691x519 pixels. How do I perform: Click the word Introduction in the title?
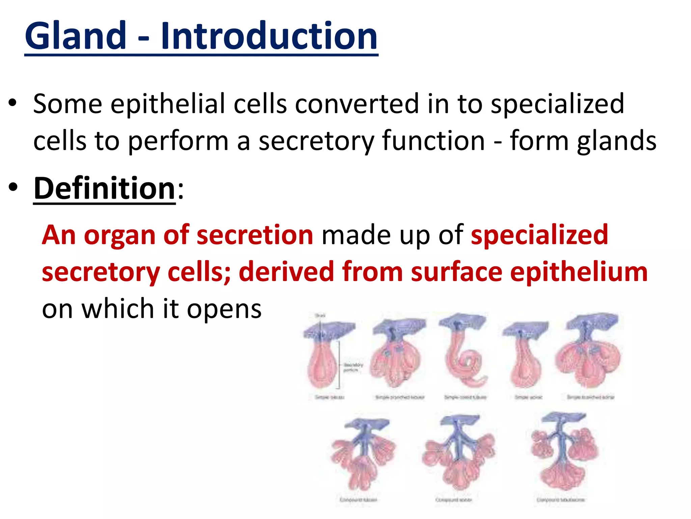click(269, 35)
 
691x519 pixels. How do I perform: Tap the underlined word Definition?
click(104, 188)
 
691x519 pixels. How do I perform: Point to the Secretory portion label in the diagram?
click(353, 367)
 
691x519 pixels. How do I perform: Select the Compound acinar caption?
click(453, 500)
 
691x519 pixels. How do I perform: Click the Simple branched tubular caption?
click(400, 397)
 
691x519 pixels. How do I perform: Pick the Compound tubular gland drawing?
click(363, 454)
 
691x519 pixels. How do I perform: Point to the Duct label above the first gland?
click(320, 315)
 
